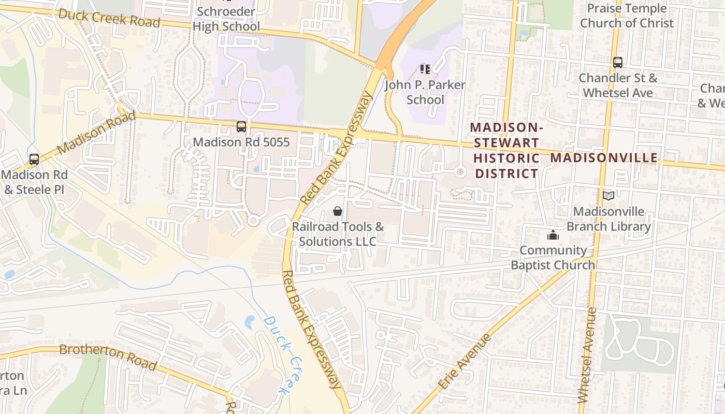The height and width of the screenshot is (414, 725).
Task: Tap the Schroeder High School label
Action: click(x=226, y=19)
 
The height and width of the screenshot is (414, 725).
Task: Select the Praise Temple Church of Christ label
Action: click(x=627, y=16)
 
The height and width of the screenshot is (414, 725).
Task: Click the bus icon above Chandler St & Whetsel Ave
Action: click(x=617, y=63)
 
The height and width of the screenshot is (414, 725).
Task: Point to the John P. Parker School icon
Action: click(x=425, y=69)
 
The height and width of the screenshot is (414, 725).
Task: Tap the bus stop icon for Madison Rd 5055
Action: click(x=241, y=127)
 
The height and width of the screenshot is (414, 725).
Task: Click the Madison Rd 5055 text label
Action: click(x=241, y=142)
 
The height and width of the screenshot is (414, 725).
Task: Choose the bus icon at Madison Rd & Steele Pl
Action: click(x=34, y=159)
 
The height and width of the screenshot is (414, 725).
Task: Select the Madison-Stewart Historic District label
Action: click(x=507, y=151)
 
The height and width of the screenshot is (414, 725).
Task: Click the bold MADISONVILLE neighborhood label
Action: click(x=604, y=158)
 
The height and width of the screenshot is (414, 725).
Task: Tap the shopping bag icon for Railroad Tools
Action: click(x=338, y=211)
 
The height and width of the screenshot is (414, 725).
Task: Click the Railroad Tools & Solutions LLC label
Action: click(x=338, y=234)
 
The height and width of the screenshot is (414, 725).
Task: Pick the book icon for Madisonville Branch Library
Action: click(x=608, y=196)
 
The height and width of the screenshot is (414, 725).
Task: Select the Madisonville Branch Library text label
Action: click(x=608, y=219)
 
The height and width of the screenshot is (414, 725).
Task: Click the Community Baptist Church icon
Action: click(x=553, y=235)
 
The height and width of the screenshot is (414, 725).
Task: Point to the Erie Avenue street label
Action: click(x=465, y=361)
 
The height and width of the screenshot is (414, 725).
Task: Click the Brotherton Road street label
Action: click(x=108, y=357)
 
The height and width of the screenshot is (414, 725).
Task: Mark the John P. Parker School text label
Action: click(x=425, y=92)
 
